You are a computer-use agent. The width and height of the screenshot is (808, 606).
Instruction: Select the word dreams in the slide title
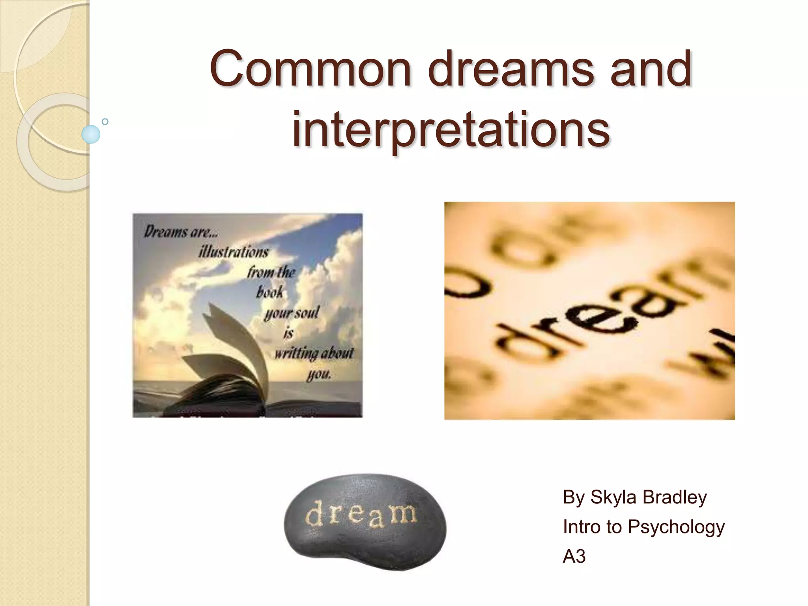(511, 69)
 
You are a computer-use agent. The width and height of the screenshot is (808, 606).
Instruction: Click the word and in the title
(651, 69)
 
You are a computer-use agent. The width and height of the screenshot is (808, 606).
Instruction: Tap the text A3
(574, 557)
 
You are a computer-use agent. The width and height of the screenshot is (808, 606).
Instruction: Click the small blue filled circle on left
(91, 134)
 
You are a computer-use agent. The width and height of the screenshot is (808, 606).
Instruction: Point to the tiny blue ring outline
(105, 122)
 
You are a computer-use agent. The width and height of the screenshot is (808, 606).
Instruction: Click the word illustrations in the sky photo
(234, 252)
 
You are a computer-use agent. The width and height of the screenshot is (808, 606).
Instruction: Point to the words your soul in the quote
(291, 313)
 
